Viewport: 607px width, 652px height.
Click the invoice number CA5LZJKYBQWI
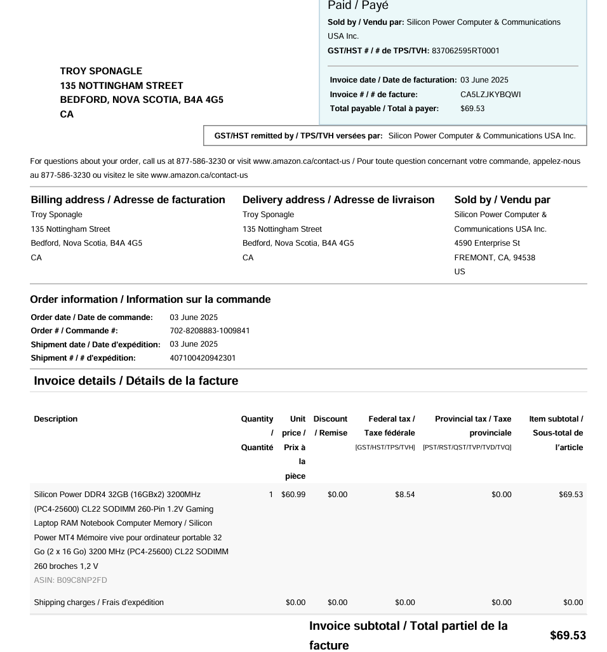coord(490,95)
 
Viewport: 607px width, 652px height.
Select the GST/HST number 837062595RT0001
coord(465,51)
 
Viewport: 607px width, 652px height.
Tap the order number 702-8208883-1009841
coord(210,331)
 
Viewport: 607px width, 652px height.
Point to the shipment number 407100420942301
coord(203,358)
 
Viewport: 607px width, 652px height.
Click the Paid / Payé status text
coord(358,6)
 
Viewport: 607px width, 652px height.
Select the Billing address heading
coord(128,200)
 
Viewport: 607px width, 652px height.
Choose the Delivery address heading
coord(338,200)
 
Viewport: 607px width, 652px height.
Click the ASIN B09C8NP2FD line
coord(70,580)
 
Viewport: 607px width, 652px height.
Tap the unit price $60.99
coord(293,495)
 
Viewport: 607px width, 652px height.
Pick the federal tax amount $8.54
coord(404,495)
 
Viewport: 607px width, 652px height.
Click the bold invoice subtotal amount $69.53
coord(568,635)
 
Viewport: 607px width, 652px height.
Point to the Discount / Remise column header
coord(330,426)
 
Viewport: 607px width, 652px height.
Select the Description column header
coord(56,419)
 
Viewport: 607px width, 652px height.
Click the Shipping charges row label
coord(98,602)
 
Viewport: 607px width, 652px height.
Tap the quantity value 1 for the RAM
coord(270,495)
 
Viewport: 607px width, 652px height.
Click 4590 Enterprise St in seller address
coord(487,243)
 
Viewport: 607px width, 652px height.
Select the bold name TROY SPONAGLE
coord(101,71)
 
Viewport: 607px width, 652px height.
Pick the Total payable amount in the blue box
coord(472,109)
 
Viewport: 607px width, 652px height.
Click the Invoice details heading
coord(136,381)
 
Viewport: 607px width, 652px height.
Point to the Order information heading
coord(150,300)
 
